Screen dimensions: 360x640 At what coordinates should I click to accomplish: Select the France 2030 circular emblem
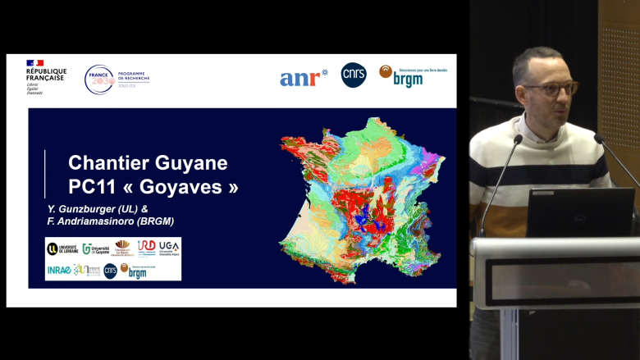pyautogui.click(x=100, y=80)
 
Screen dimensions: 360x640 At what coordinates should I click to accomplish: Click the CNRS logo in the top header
pyautogui.click(x=354, y=75)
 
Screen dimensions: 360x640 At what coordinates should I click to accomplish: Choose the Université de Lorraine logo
pyautogui.click(x=62, y=248)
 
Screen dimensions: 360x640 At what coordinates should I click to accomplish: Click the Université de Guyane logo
pyautogui.click(x=95, y=248)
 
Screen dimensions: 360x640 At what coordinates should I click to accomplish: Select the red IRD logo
pyautogui.click(x=146, y=248)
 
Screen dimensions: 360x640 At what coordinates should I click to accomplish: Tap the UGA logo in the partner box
pyautogui.click(x=169, y=248)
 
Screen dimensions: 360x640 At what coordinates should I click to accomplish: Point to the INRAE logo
pyautogui.click(x=58, y=269)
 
